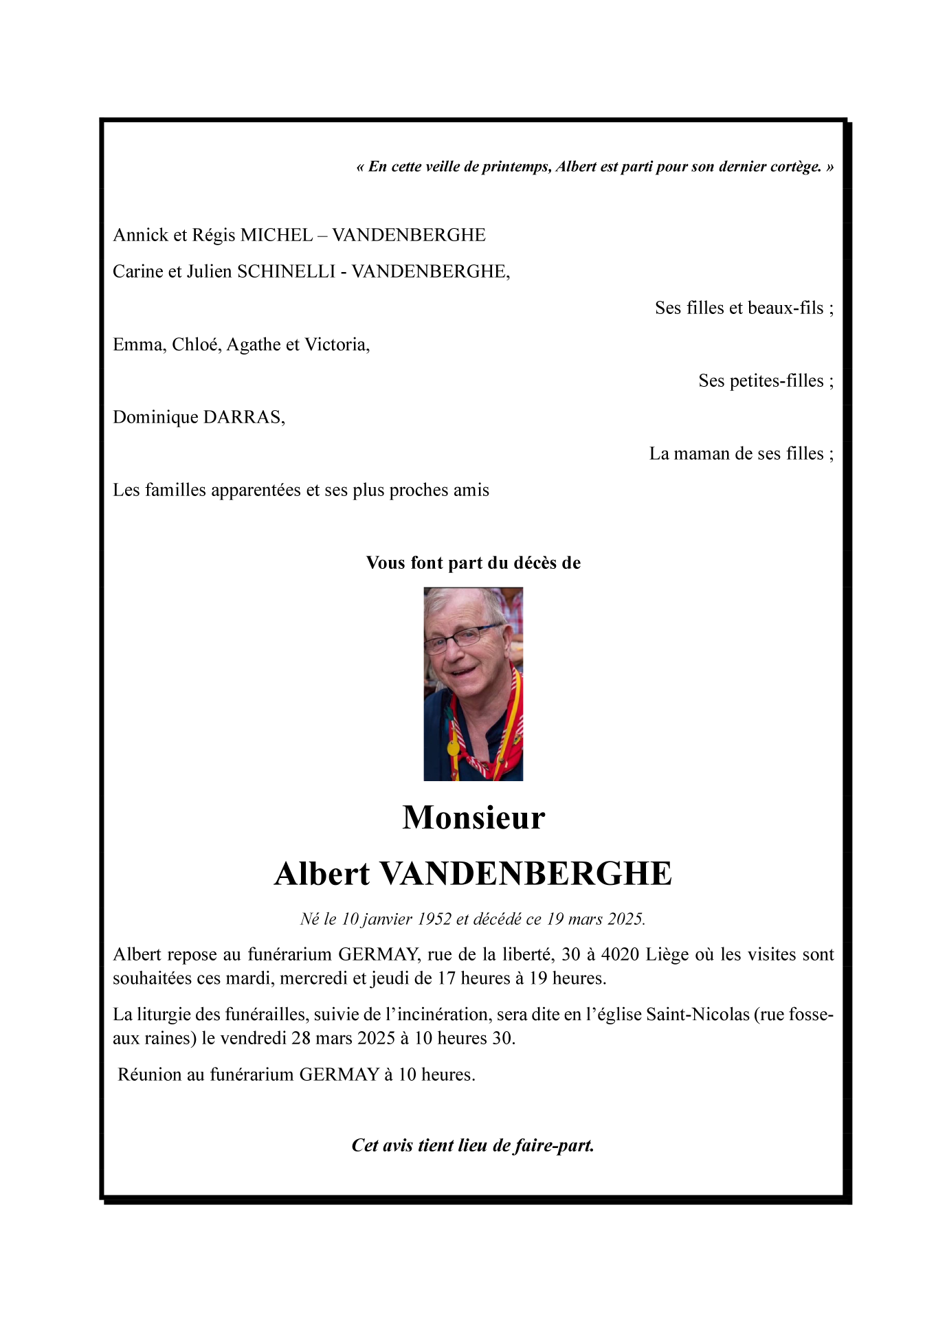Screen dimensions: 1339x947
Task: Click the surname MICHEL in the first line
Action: coord(276,236)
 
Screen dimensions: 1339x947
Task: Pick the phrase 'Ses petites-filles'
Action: coord(761,381)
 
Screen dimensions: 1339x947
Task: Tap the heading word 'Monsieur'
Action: coord(473,818)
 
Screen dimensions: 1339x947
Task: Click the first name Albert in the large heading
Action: coord(322,874)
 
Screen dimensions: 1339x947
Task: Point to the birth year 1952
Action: coord(434,919)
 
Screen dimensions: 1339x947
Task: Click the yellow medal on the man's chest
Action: coord(452,747)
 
